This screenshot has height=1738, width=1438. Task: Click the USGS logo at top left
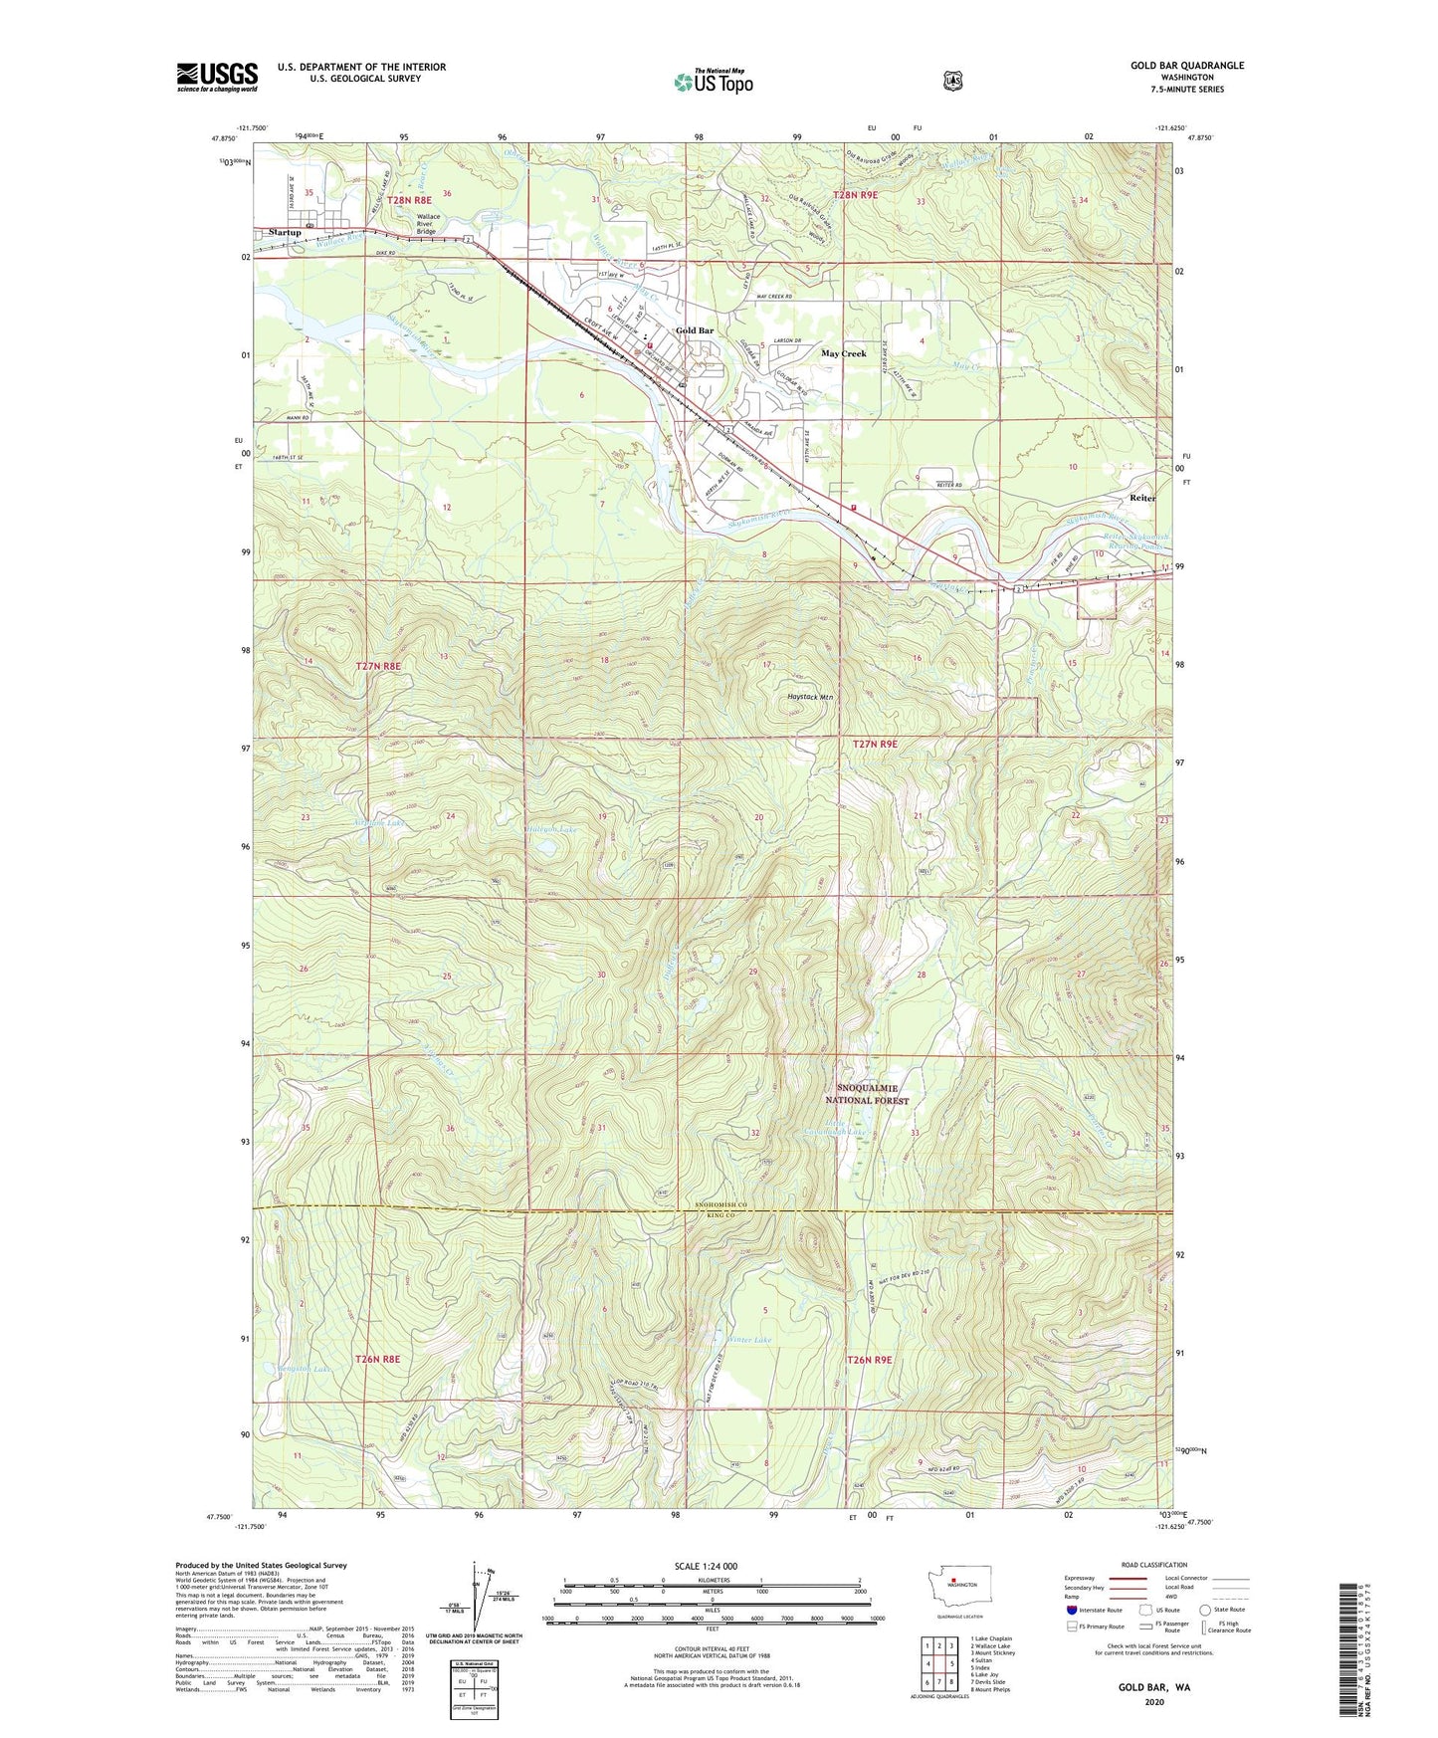click(x=217, y=76)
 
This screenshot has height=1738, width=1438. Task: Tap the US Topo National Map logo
click(x=714, y=81)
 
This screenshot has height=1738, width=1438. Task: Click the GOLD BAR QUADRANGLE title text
click(x=1186, y=66)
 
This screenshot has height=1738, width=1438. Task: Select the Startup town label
click(x=285, y=232)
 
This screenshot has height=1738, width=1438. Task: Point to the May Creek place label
click(x=843, y=353)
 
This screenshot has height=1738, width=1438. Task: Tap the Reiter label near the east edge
click(x=1142, y=498)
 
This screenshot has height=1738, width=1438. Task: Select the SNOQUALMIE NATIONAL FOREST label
click(x=873, y=1094)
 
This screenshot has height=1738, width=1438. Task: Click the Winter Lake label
click(x=749, y=1340)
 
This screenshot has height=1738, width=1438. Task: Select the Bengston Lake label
click(x=302, y=1370)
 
